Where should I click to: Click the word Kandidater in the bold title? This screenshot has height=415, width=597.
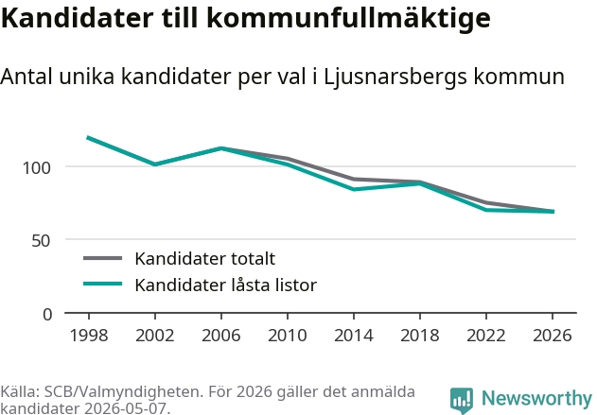(78, 18)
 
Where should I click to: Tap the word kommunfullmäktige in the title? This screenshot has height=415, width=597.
(349, 18)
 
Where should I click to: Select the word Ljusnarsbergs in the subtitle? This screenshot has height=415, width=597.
(395, 78)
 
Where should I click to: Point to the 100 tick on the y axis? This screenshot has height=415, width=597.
(37, 167)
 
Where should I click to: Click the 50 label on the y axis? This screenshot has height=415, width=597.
(41, 240)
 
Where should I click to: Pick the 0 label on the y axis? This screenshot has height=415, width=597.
(47, 315)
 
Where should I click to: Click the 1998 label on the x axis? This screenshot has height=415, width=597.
(89, 336)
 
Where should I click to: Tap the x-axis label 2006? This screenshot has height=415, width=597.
(221, 336)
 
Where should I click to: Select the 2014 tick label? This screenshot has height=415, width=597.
(354, 336)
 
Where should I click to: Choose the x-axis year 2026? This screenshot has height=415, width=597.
(553, 336)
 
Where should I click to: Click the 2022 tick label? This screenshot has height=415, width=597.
(486, 336)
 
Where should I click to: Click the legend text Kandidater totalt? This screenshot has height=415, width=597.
(205, 259)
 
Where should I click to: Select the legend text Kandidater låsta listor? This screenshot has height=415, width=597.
(226, 285)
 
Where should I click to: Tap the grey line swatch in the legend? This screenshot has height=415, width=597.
(103, 258)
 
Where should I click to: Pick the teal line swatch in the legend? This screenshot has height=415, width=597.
(103, 284)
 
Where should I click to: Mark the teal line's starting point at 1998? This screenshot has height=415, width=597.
(88, 138)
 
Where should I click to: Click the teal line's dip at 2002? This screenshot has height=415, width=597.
(155, 164)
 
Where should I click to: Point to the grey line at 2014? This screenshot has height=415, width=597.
(354, 180)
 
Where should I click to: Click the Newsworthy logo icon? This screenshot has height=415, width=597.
(462, 400)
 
